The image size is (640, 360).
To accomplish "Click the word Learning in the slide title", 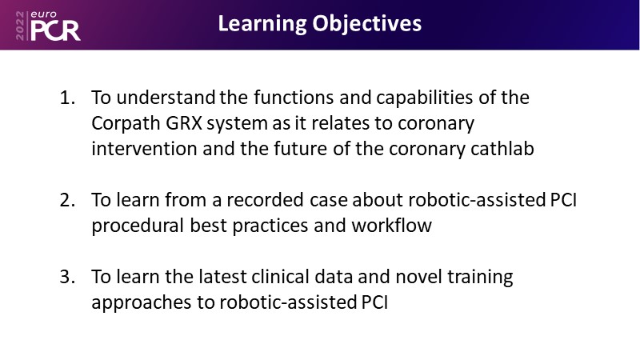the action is [262, 24].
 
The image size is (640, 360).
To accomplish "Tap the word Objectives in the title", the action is [367, 24].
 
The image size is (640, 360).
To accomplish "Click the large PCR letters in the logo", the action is [55, 30].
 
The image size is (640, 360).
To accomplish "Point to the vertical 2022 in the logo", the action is [20, 26].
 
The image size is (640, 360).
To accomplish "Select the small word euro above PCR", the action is [44, 14].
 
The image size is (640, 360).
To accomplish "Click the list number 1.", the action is [67, 98].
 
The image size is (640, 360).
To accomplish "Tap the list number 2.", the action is [67, 200].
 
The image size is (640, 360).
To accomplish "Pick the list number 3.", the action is [67, 277].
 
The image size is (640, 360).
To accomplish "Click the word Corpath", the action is [126, 124].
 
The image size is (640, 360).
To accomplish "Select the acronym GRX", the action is [184, 123].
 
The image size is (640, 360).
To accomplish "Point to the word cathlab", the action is [502, 149].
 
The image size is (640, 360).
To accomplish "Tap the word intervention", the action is [144, 149].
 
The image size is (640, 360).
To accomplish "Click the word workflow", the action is [391, 226].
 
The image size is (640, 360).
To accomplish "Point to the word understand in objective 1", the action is [166, 98].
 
